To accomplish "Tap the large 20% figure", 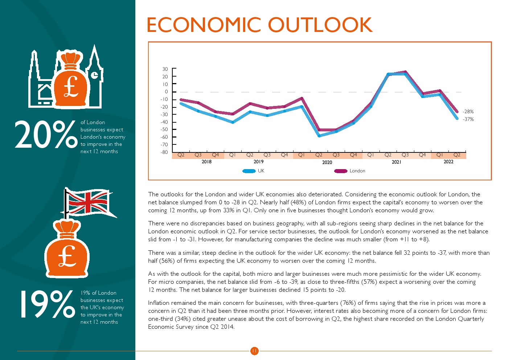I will point(46,135).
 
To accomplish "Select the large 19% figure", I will point(47,304).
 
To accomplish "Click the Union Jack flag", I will point(88,202).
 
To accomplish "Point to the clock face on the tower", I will point(94,75).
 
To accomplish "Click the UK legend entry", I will point(261,171).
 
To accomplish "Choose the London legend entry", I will point(357,171).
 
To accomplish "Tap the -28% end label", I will point(468,112).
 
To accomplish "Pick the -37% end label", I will point(468,119).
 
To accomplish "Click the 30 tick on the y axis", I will point(165,69).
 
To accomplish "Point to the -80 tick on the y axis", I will point(164,152).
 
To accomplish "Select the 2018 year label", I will point(206,162).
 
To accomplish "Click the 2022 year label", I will point(448,162).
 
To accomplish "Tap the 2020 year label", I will point(327,162).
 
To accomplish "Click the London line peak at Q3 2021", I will point(405,72).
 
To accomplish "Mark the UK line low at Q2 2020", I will point(319,136).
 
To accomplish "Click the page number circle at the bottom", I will point(254,351).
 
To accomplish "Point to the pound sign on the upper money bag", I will point(71,87).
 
